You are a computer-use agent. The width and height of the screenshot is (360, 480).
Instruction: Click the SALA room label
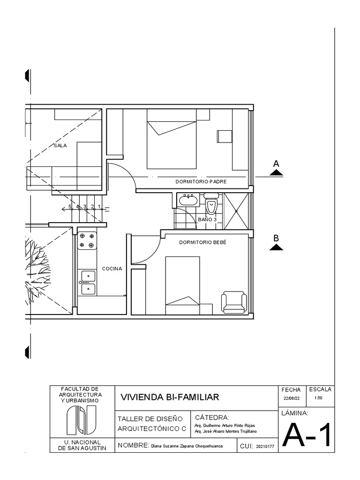point(60,145)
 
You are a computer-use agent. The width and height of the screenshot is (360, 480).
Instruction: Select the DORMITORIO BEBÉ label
point(202,242)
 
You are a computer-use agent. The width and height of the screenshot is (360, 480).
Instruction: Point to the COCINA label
point(112,269)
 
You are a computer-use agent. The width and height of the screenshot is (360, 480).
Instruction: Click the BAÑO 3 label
point(207,219)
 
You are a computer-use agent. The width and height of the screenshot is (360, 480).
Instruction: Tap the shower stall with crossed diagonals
point(237,211)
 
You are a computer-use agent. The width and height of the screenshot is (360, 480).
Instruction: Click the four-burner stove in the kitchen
point(87,240)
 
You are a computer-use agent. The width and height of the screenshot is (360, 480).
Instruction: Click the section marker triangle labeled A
point(277,172)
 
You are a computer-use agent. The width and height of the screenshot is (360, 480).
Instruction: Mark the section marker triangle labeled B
point(277,247)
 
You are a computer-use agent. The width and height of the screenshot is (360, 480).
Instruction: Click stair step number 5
point(70,206)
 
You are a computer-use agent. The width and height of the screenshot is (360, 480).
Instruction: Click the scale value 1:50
point(319,398)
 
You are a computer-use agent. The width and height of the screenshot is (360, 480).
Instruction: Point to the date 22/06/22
point(292,398)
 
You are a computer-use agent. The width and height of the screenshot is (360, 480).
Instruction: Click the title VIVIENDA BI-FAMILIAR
point(170,397)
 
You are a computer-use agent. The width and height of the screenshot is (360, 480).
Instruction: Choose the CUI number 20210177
point(265,447)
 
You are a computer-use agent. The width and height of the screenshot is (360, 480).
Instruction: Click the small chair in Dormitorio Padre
point(224,135)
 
